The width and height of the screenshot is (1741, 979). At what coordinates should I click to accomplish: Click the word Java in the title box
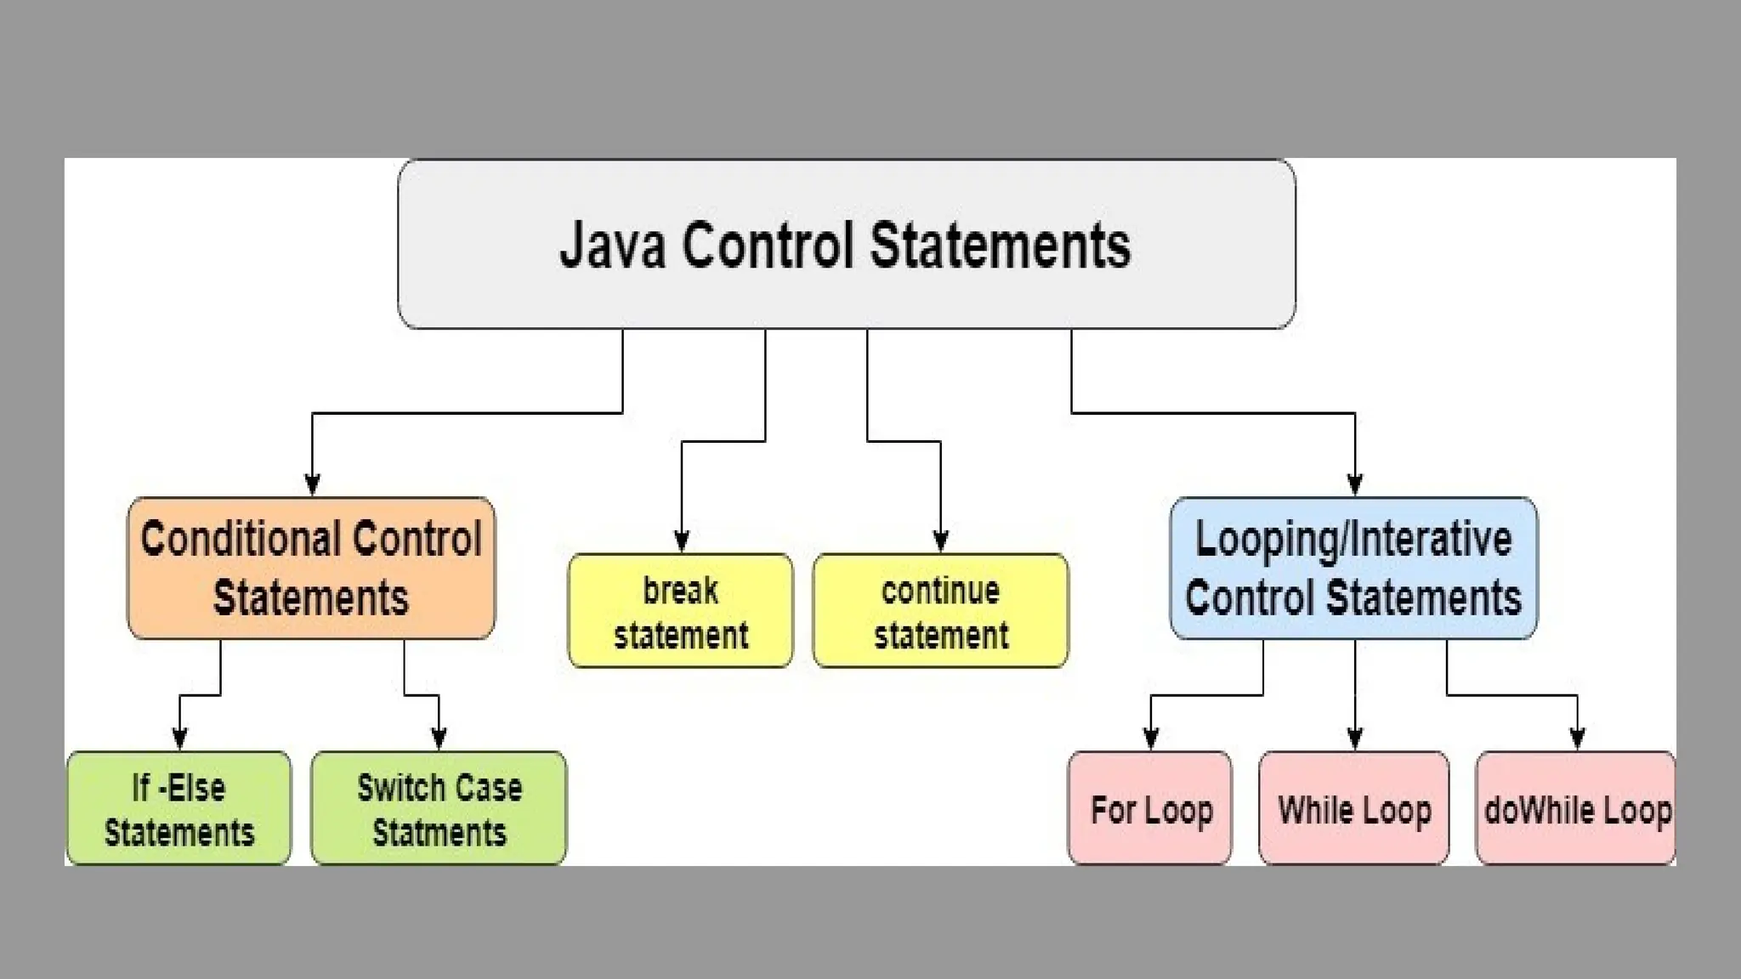click(612, 246)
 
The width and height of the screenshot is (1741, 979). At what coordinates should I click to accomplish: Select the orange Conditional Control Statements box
click(311, 568)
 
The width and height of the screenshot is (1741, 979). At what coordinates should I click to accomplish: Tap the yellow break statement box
click(681, 611)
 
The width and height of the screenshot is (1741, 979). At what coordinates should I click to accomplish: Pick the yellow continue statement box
click(940, 611)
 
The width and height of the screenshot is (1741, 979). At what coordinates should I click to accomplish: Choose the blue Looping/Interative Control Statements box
click(1353, 568)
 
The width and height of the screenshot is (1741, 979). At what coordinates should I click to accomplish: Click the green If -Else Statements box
click(179, 808)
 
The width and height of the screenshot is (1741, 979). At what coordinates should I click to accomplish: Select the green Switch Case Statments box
click(439, 808)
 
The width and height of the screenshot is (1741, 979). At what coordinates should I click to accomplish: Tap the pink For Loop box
click(1150, 808)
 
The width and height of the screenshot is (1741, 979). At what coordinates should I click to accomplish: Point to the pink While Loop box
click(1354, 808)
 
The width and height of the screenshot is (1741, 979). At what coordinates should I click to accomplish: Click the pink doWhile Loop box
click(1577, 808)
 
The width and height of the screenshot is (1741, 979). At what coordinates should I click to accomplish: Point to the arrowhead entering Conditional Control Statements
click(312, 484)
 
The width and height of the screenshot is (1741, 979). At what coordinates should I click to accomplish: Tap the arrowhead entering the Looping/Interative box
click(1355, 484)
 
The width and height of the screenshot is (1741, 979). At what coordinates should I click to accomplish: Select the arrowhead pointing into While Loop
click(1355, 738)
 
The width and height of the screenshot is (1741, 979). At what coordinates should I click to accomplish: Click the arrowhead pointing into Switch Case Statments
click(439, 738)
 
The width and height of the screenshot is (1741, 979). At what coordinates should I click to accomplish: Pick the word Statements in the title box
click(1000, 246)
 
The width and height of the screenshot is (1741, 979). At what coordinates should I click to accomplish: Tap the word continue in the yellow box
click(940, 591)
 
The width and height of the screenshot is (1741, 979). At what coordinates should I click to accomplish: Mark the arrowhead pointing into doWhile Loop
click(1578, 738)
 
